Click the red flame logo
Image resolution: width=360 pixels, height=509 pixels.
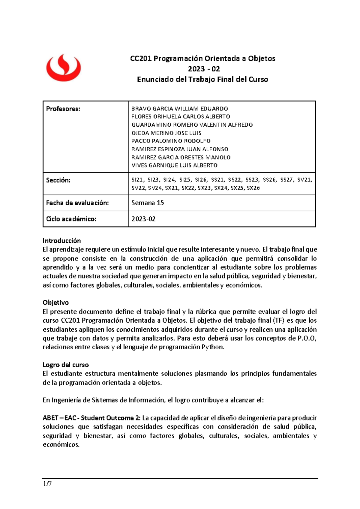pos(63,68)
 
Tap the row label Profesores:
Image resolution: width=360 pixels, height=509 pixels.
pos(63,109)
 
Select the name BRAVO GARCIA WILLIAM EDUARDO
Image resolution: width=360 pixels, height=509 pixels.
pos(179,109)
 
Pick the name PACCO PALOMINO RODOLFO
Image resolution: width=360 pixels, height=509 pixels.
pos(171,141)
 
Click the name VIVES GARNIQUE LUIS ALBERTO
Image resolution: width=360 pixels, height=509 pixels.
pos(174,165)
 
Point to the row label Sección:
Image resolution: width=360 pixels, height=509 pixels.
pos(58,180)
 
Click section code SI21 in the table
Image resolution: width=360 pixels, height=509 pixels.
pos(137,180)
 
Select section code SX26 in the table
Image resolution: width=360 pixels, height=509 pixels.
pos(253,188)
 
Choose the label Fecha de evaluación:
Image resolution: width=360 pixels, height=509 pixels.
pos(77,203)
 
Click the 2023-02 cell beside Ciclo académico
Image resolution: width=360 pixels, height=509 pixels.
pos(143,219)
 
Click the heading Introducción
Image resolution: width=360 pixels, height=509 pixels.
pos(61,241)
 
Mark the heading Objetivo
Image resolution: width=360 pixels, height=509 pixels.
pos(55,303)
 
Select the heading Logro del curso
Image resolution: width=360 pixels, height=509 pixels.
pos(65,365)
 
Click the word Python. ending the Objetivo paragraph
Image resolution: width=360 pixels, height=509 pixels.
pos(213,347)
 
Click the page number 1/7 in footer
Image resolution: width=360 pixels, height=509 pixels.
pos(47,484)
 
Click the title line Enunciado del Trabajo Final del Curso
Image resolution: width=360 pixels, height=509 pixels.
pos(202,80)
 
